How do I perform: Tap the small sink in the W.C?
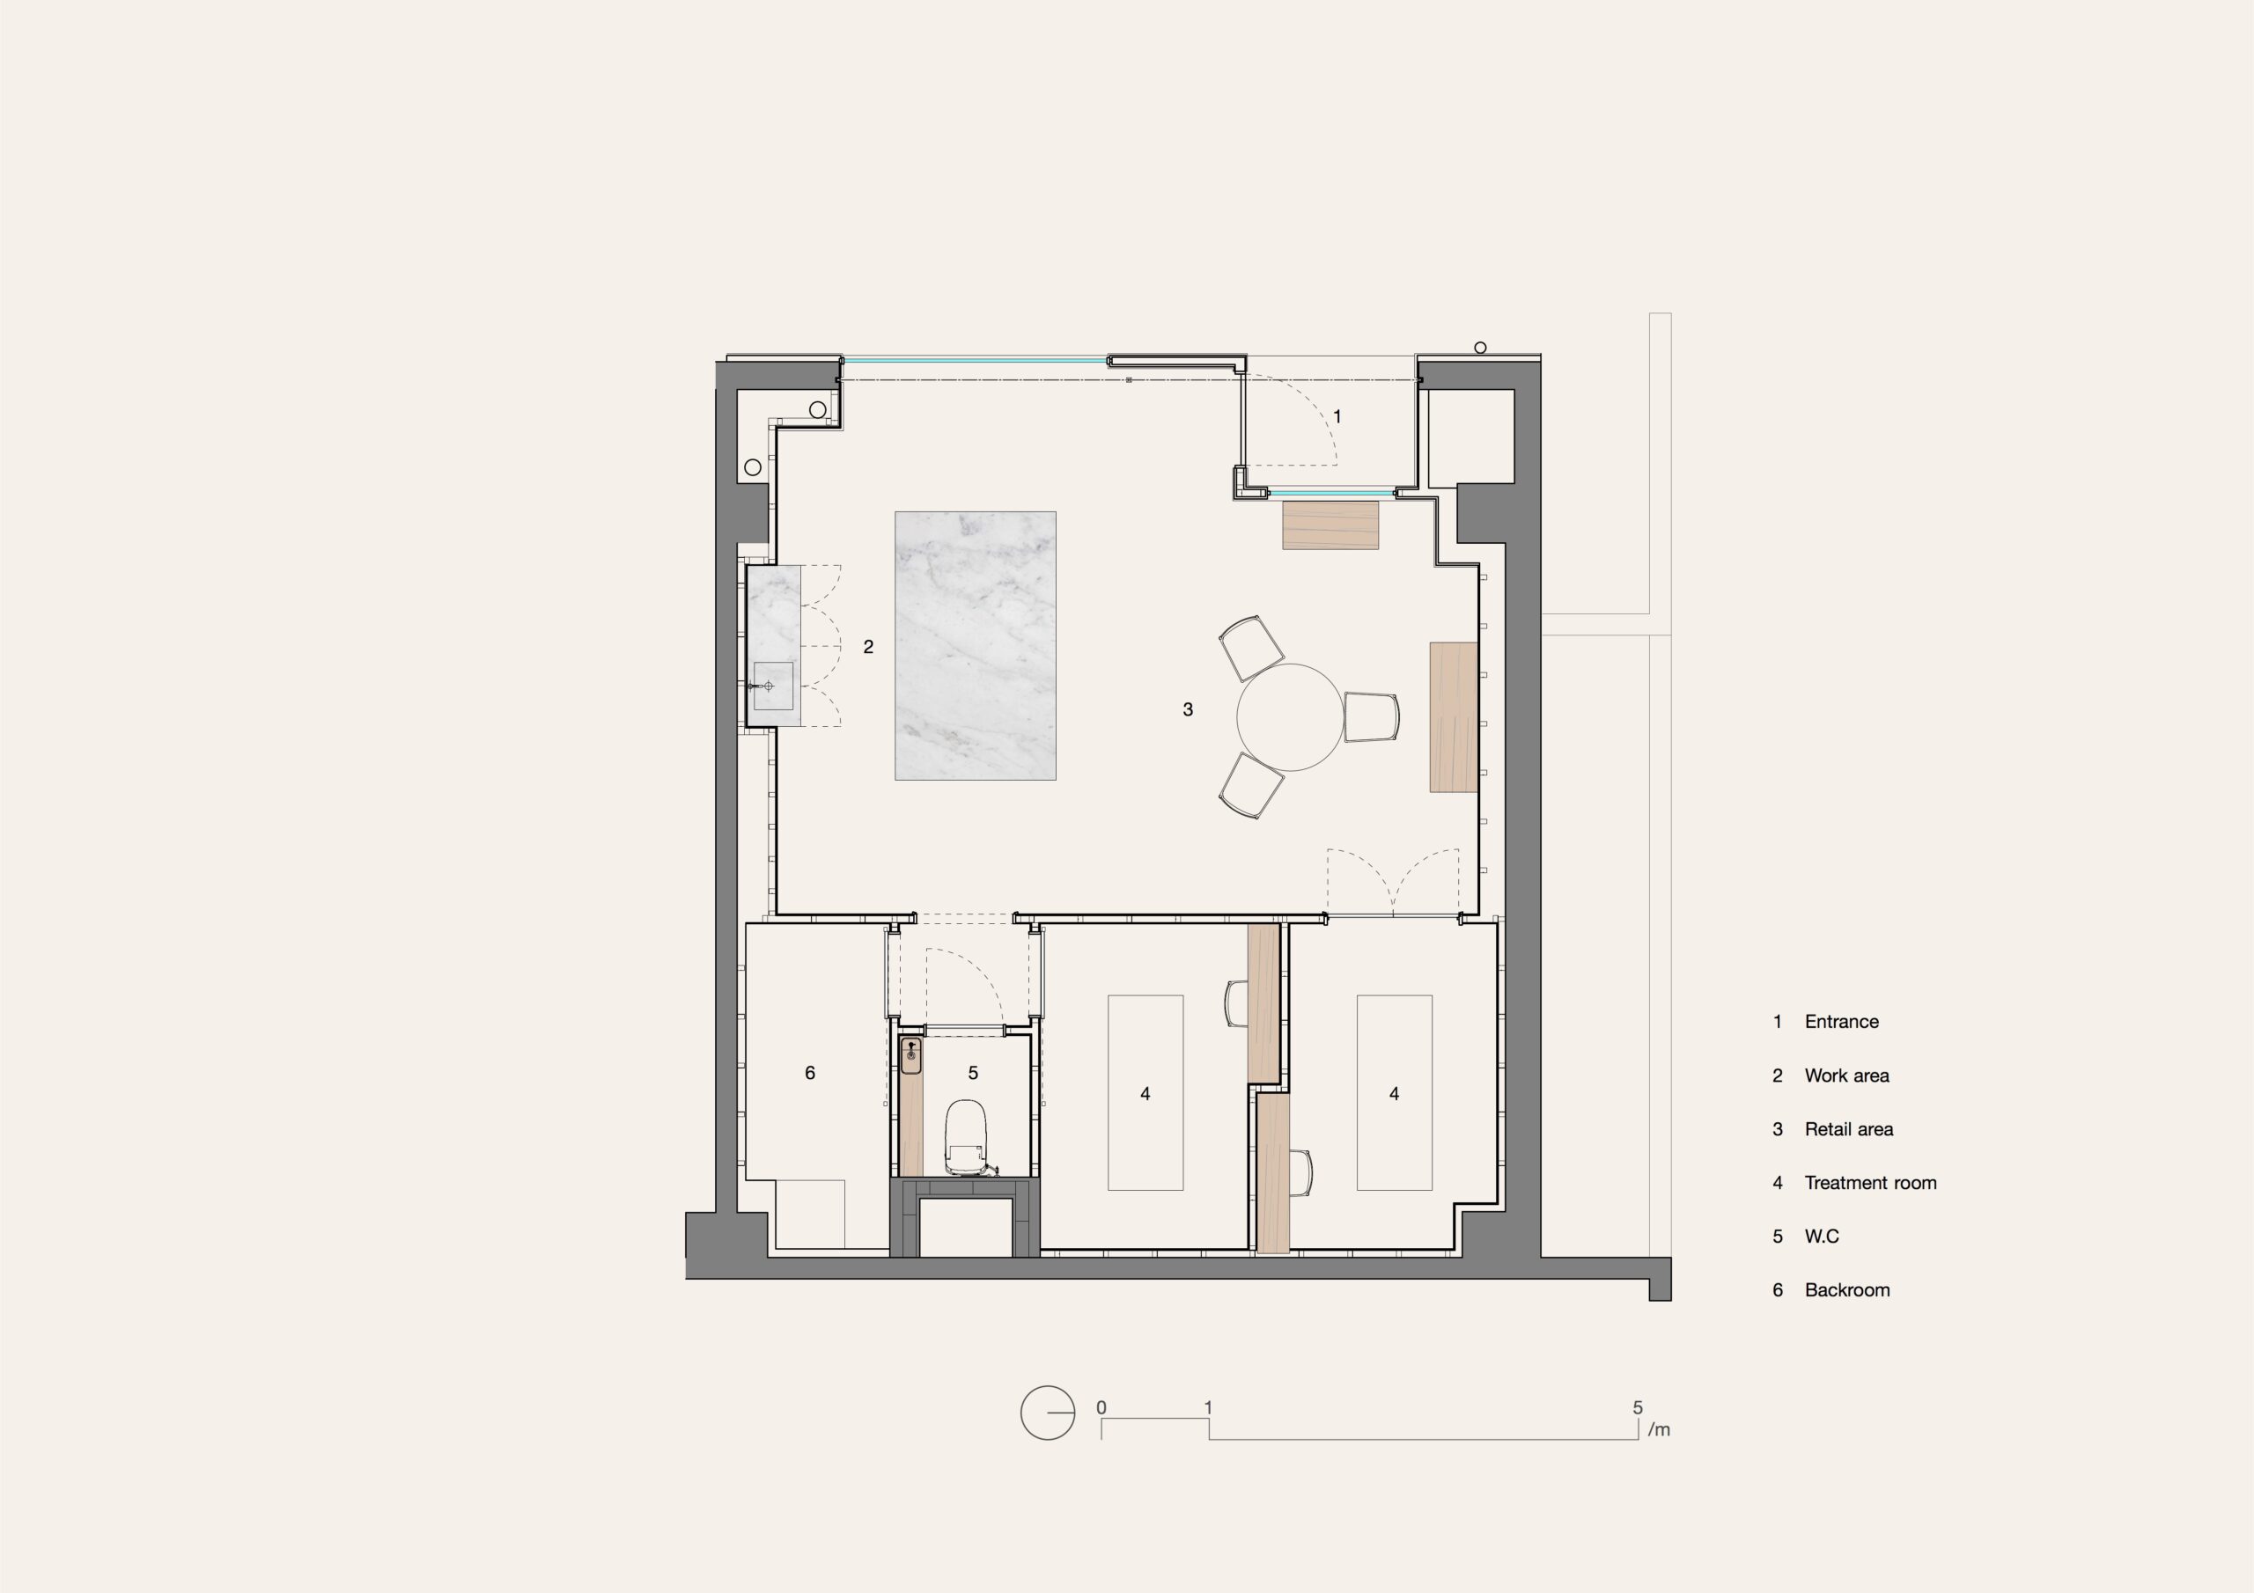click(x=911, y=1055)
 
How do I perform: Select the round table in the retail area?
click(x=1289, y=716)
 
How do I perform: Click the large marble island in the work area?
click(x=975, y=645)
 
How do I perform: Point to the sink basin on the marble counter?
click(x=772, y=685)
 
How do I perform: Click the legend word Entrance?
click(x=1841, y=1021)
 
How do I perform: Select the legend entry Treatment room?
click(x=1870, y=1183)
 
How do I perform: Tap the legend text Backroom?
click(x=1846, y=1289)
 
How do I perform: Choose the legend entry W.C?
click(x=1821, y=1236)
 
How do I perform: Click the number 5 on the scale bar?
click(x=1638, y=1407)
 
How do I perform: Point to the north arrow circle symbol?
click(x=1048, y=1413)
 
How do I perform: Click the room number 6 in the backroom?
click(x=810, y=1073)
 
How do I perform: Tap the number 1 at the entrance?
click(x=1337, y=416)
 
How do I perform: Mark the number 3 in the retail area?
click(x=1188, y=708)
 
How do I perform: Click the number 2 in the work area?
click(x=868, y=647)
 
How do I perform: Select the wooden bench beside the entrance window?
click(x=1330, y=525)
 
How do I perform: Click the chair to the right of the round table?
click(x=1372, y=716)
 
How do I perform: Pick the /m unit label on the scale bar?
click(x=1659, y=1429)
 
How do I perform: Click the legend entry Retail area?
click(x=1849, y=1129)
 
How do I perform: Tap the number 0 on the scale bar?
click(x=1101, y=1407)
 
